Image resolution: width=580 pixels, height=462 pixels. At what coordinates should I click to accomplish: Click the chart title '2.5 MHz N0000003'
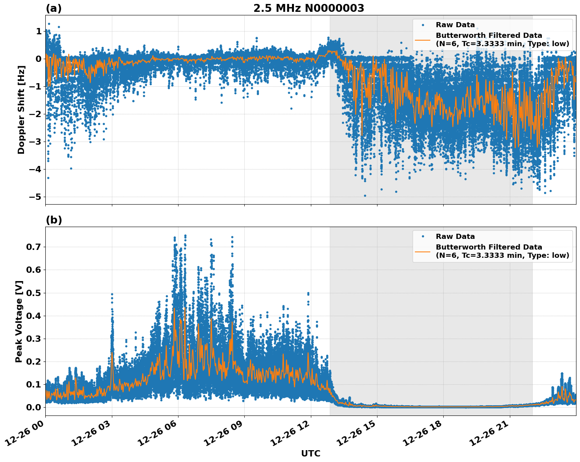click(309, 8)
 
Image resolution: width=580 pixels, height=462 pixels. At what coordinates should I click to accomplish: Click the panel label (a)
click(54, 8)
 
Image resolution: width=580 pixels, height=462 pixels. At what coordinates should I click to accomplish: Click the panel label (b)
click(54, 220)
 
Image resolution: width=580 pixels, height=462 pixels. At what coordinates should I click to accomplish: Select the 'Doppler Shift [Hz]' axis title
click(21, 110)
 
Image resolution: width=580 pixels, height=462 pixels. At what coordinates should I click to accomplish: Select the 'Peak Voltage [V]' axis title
click(19, 321)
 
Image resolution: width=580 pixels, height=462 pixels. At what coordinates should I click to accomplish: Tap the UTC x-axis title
click(310, 453)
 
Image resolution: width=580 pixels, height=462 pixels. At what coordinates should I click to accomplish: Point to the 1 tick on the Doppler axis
click(39, 31)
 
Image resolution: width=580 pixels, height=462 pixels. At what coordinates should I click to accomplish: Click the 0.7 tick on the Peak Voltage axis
click(34, 247)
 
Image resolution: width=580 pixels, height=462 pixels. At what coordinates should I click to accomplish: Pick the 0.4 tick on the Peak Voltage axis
click(34, 316)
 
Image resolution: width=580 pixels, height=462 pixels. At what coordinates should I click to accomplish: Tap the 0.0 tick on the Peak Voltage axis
click(34, 407)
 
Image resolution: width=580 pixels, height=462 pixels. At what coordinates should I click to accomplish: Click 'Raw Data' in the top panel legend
click(455, 25)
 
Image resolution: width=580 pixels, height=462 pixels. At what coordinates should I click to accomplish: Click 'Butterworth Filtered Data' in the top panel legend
click(489, 35)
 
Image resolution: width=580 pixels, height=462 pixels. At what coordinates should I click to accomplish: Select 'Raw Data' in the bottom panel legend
click(455, 237)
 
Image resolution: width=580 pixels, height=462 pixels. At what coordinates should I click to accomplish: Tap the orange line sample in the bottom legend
click(423, 251)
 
